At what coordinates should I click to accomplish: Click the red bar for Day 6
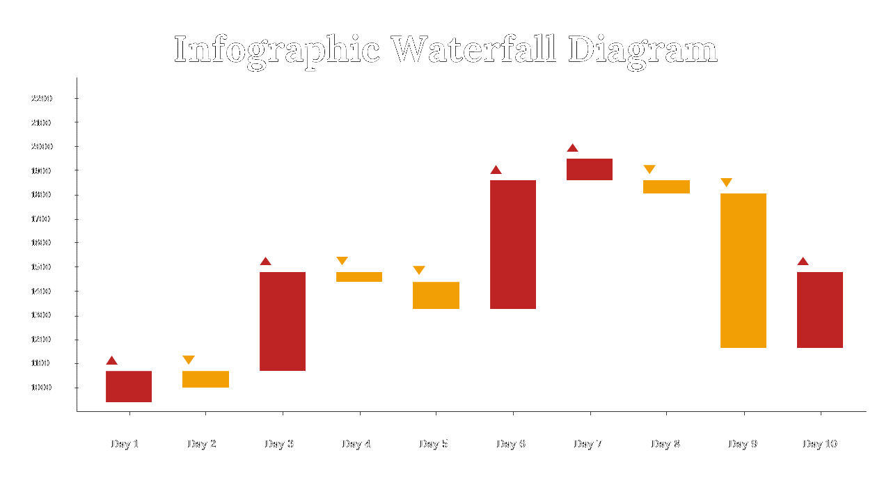pos(513,244)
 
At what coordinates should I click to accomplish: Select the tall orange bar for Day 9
pos(743,271)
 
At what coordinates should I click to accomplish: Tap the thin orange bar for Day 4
pos(359,277)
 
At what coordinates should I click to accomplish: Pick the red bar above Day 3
pos(283,321)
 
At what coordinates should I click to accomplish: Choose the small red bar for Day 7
pos(590,169)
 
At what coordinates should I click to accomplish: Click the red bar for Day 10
pos(820,310)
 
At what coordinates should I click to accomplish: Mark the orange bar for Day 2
pos(205,379)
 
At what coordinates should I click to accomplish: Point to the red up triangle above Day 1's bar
pos(112,360)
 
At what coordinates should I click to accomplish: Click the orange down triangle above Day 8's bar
pos(649,169)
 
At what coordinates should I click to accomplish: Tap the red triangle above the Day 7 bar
pos(572,148)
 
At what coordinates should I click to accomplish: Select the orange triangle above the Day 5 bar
pos(419,270)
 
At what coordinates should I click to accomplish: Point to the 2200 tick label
pos(42,99)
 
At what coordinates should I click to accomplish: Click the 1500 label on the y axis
pos(42,267)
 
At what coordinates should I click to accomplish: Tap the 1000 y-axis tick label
pos(42,388)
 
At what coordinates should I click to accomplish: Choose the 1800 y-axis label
pos(42,195)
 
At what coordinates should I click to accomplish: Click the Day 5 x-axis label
pos(434,444)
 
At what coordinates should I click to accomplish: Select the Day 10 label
pos(820,444)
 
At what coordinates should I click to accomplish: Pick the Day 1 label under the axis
pos(125,444)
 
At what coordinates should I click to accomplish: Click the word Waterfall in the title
pos(473,50)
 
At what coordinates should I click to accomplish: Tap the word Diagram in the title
pos(642,50)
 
